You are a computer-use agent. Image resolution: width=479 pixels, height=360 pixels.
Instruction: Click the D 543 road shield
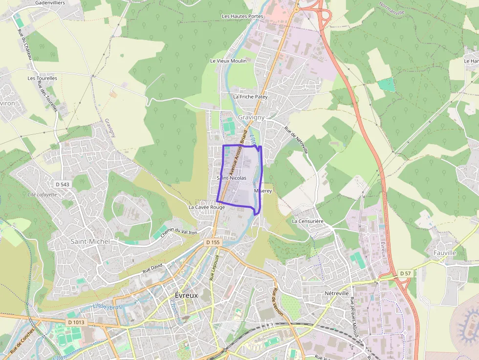click(62, 184)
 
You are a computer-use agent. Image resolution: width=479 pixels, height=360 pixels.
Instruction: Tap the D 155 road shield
click(214, 242)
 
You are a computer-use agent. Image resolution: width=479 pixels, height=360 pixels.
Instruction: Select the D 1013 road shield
click(76, 322)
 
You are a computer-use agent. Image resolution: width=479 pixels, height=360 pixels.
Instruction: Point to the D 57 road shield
click(404, 273)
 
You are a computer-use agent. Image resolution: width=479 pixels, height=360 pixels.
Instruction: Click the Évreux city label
click(186, 296)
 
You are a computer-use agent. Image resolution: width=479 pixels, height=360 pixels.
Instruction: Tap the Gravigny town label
click(251, 117)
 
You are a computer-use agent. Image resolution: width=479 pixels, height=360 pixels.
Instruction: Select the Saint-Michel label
click(90, 241)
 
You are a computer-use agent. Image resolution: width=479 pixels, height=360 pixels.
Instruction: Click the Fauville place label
click(445, 253)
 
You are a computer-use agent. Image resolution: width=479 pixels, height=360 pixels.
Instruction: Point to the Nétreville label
click(335, 293)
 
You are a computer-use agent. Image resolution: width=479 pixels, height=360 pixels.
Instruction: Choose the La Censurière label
click(307, 221)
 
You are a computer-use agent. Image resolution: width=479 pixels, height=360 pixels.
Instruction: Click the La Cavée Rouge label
click(207, 207)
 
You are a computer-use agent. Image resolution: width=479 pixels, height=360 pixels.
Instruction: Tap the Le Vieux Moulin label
click(228, 61)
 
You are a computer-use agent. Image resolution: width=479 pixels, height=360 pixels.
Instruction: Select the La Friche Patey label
click(250, 97)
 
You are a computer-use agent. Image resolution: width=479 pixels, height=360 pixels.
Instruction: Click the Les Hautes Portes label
click(242, 16)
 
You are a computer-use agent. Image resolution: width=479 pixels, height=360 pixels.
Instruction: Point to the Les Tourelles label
click(43, 78)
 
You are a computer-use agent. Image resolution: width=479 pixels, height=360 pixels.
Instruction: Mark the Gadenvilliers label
click(51, 2)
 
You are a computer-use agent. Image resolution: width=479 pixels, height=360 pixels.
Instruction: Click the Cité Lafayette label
click(42, 194)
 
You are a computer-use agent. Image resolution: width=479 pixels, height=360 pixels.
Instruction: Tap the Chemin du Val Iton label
click(179, 231)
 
